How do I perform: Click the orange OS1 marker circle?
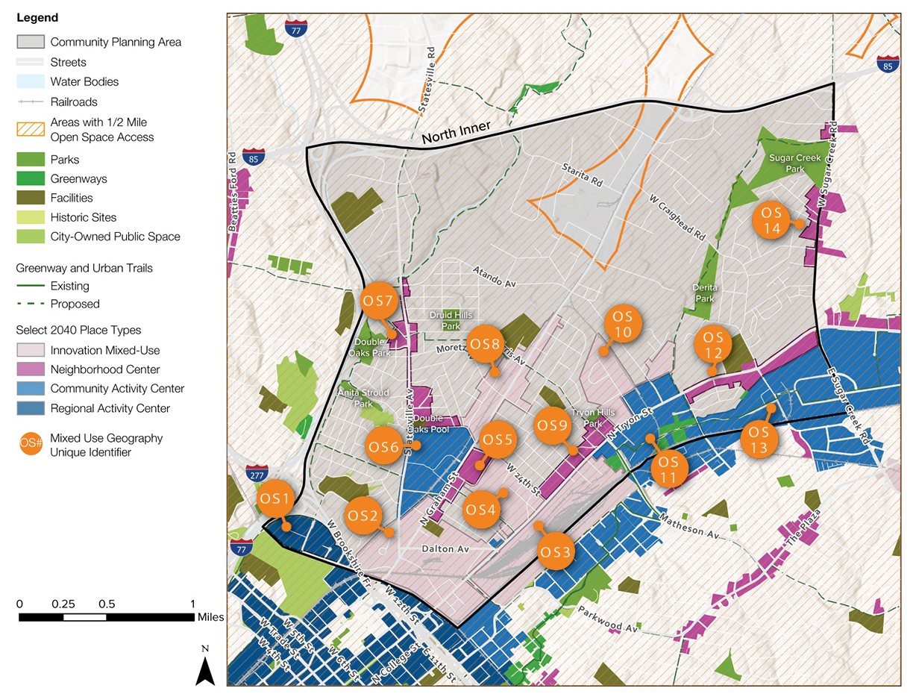tap(275, 498)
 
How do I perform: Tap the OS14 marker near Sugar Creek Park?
tap(772, 219)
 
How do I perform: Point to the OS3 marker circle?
tap(556, 552)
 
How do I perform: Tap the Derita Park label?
tap(704, 293)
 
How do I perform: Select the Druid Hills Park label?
tap(451, 320)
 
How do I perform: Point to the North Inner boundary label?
tap(456, 133)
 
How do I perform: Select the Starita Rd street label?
tap(583, 176)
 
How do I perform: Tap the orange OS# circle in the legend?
tap(31, 445)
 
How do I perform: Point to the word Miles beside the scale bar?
tap(210, 617)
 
